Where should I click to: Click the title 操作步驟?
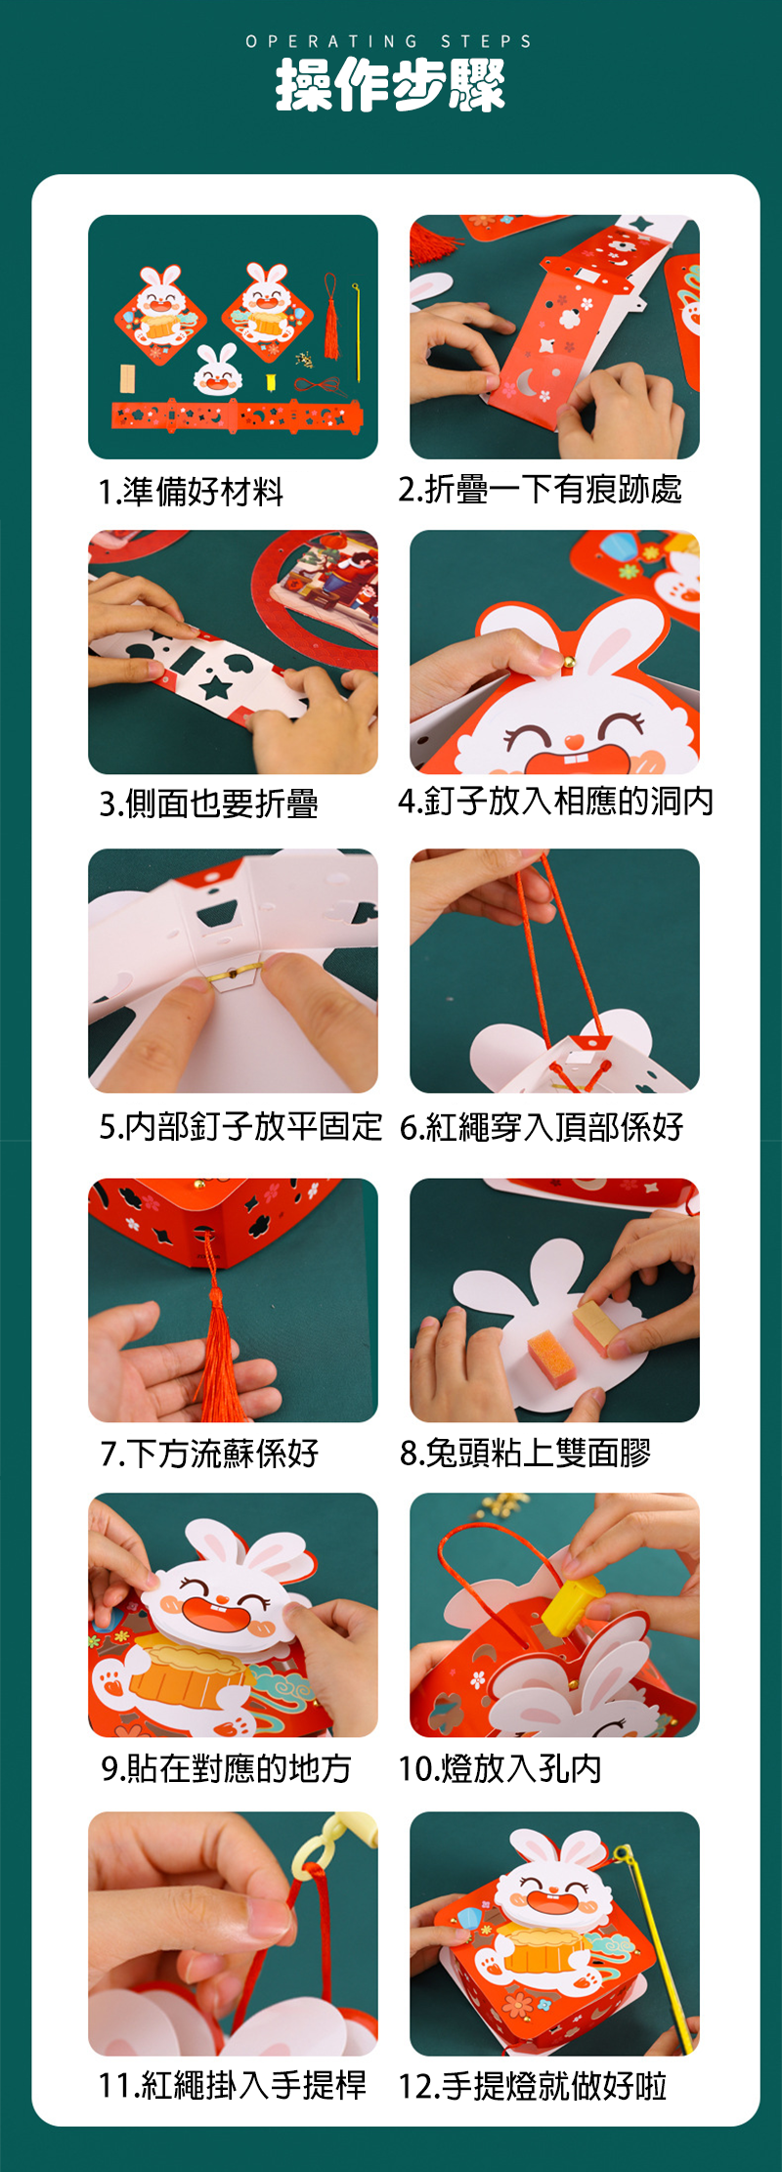click(390, 84)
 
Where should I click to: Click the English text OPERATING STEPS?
click(389, 41)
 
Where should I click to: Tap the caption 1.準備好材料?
click(192, 491)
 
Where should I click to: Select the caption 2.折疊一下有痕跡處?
click(540, 489)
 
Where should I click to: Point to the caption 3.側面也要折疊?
click(208, 804)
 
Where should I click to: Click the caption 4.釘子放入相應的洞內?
click(555, 802)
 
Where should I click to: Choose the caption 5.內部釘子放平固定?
click(240, 1126)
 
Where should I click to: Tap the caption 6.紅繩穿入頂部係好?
click(542, 1127)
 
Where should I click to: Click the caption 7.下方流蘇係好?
click(209, 1454)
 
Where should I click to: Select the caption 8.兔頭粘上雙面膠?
click(525, 1454)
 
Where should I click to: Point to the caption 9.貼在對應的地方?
click(226, 1768)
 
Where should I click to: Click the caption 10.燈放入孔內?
click(500, 1768)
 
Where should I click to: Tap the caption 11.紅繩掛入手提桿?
click(233, 2085)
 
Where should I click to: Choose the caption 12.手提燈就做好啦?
click(533, 2085)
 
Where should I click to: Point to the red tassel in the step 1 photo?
click(331, 319)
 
